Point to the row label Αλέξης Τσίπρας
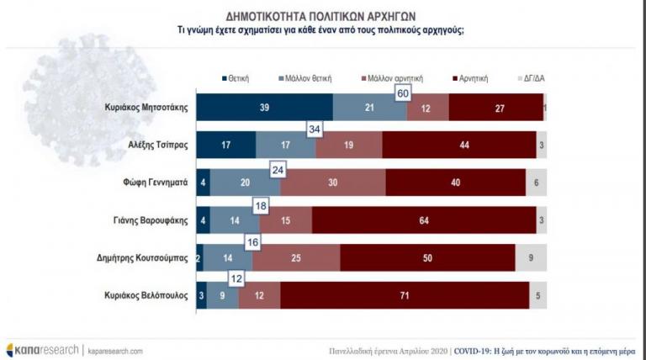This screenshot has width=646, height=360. (x=157, y=145)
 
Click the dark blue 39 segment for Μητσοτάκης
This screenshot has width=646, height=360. (x=265, y=108)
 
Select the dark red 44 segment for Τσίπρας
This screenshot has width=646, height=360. (x=458, y=145)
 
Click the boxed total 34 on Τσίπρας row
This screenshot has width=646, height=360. (x=315, y=129)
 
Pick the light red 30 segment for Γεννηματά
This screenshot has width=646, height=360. (x=333, y=182)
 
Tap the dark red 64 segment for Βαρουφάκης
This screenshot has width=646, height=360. (x=424, y=219)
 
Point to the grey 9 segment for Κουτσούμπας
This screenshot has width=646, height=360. (x=531, y=256)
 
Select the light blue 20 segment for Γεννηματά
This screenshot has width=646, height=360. (x=245, y=182)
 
